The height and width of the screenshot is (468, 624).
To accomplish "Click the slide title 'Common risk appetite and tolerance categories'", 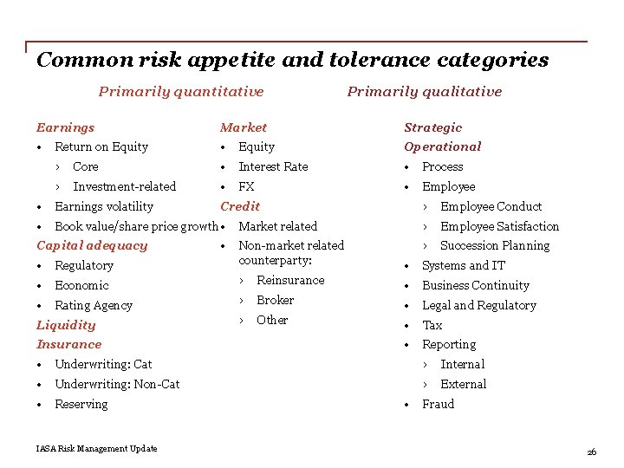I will click(x=292, y=60).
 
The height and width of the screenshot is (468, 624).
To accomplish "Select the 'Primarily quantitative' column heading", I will click(x=181, y=92).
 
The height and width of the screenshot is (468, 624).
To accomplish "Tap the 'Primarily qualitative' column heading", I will click(x=424, y=92).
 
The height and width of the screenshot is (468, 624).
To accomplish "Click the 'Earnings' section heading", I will click(x=65, y=127).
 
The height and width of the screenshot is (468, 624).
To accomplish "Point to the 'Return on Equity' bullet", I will click(x=101, y=147).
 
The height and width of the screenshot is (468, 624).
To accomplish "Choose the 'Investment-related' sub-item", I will click(x=124, y=186).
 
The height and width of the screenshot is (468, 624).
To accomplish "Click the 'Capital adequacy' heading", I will click(x=92, y=245).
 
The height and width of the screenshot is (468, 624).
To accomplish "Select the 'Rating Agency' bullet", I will click(x=93, y=305).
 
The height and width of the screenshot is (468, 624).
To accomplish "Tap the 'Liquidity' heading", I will click(x=66, y=325).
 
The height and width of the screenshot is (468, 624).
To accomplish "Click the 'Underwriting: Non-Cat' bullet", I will click(x=117, y=384).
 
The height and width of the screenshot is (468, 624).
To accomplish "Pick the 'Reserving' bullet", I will click(x=81, y=404).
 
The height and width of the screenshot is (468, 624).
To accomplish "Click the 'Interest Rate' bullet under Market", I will click(x=273, y=166).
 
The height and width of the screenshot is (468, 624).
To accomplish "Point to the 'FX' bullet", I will click(x=246, y=186).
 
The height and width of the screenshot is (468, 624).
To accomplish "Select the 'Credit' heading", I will click(x=240, y=206).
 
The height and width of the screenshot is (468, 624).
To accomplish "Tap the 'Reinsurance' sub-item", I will click(x=290, y=280).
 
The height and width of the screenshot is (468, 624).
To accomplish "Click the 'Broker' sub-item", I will click(x=275, y=300).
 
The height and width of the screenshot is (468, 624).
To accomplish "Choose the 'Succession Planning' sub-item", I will click(x=494, y=245).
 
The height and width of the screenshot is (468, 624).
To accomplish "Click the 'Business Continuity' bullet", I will click(x=475, y=285).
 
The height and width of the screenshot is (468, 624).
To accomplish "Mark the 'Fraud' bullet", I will click(x=438, y=404).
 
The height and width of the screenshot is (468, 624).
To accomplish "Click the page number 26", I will click(x=591, y=452).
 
